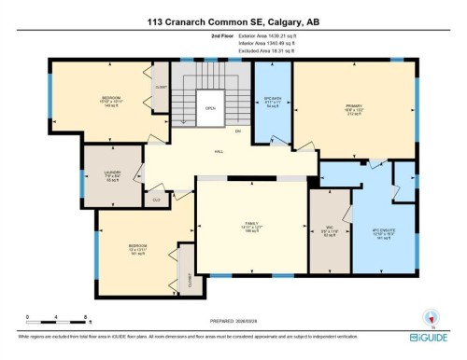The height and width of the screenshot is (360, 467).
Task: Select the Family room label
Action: click(x=250, y=226)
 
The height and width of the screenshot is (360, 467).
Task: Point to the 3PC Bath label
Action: click(x=272, y=101)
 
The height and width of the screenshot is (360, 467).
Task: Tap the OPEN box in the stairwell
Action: click(x=211, y=108)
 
